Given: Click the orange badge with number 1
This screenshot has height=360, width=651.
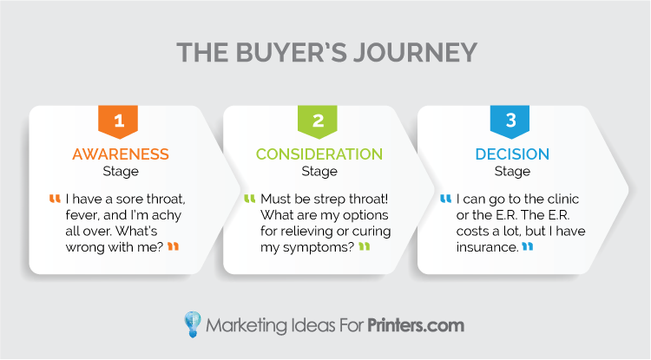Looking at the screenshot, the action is [118, 121].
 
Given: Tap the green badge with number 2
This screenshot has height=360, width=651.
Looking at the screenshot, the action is [317, 121].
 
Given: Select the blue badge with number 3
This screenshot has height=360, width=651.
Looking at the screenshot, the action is [510, 121].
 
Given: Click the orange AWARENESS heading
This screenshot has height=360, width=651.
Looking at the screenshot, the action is [121, 154].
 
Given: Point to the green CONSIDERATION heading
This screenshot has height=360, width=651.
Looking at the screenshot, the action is [319, 154].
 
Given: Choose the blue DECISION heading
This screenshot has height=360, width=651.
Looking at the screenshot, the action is [512, 154].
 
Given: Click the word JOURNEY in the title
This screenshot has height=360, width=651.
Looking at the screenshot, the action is [415, 53].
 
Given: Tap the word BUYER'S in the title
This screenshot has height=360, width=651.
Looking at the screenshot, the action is [292, 53].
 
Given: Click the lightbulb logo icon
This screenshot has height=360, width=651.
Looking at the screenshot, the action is [193, 324].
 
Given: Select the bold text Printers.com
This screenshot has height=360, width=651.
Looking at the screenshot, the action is [416, 325].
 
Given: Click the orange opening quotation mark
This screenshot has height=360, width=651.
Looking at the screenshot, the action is [55, 199].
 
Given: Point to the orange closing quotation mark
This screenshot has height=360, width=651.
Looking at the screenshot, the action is [173, 246].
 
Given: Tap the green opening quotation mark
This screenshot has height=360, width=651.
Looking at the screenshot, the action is [249, 199].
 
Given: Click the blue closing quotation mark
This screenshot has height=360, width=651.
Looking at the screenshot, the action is [527, 246].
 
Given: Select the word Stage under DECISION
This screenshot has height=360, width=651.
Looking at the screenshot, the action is [512, 171].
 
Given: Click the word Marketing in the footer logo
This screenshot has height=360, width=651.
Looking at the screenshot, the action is [247, 326].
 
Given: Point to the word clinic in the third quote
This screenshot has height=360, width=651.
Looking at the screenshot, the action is [563, 199].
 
